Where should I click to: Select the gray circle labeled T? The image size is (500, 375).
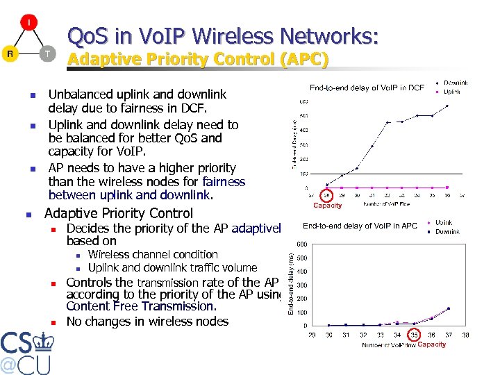pyautogui.click(x=46, y=53)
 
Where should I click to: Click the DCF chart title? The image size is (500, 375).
pyautogui.click(x=367, y=87)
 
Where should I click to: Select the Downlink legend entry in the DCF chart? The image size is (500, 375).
pyautogui.click(x=455, y=83)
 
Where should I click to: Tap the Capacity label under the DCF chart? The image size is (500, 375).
pyautogui.click(x=328, y=206)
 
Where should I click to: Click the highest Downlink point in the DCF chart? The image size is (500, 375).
pyautogui.click(x=448, y=106)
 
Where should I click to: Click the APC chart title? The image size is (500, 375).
pyautogui.click(x=360, y=226)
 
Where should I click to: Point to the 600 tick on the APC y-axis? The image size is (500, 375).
pyautogui.click(x=303, y=244)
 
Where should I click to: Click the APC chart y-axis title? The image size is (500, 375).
pyautogui.click(x=292, y=285)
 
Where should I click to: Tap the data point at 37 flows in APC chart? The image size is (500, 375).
pyautogui.click(x=449, y=308)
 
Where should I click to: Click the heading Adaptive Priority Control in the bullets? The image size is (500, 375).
pyautogui.click(x=119, y=213)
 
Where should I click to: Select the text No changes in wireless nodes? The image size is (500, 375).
pyautogui.click(x=147, y=321)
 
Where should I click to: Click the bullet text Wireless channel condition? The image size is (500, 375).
pyautogui.click(x=153, y=255)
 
